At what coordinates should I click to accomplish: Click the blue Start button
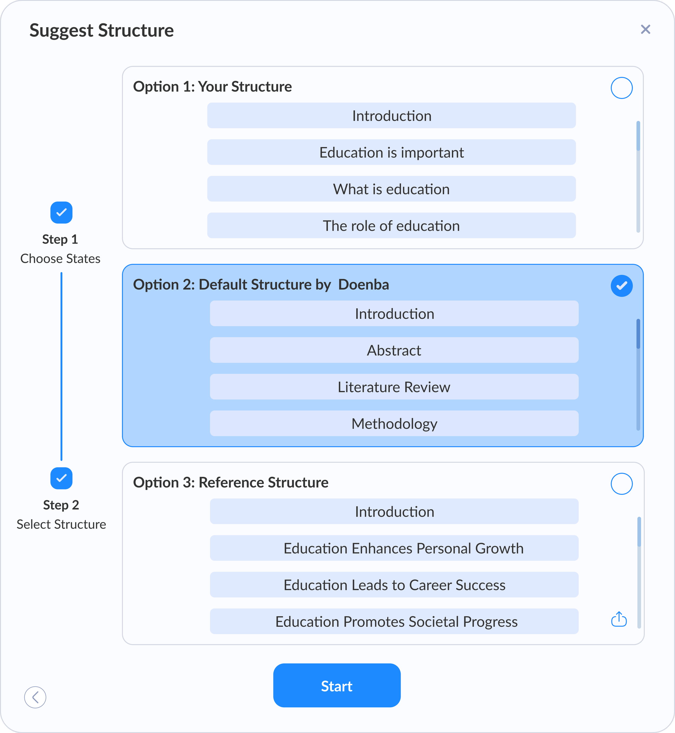336,685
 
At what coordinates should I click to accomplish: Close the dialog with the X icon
645,29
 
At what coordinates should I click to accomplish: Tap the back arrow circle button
35,697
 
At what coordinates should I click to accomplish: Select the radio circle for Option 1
621,88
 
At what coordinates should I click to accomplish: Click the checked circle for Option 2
621,286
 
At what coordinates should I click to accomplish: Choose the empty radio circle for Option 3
621,484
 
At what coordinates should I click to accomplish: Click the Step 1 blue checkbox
61,212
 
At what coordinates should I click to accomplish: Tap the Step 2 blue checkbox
61,478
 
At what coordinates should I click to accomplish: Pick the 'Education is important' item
391,152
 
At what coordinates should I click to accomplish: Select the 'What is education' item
391,189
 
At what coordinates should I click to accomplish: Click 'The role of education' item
391,226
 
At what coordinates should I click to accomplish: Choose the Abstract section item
394,350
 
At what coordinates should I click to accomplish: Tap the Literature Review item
394,387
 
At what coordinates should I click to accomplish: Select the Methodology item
394,424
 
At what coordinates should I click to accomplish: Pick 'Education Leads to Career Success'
394,585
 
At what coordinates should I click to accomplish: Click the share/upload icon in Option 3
619,619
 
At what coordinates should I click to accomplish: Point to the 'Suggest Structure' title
102,30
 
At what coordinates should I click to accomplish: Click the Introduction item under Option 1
391,116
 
